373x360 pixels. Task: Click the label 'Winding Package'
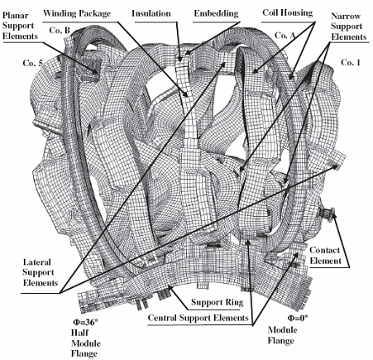click(77, 13)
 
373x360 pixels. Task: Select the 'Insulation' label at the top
click(151, 13)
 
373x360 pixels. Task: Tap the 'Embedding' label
click(216, 13)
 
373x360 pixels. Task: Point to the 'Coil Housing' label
click(288, 12)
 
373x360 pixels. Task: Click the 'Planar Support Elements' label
click(20, 26)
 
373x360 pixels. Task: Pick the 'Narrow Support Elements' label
click(348, 26)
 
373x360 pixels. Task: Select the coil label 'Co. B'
click(60, 30)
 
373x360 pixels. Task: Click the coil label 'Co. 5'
click(33, 63)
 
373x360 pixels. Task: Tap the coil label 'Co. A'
click(285, 36)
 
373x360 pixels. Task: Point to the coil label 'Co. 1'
click(351, 63)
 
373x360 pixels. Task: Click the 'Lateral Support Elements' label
click(41, 272)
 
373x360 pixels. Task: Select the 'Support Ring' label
click(218, 302)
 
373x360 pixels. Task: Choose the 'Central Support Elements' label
click(198, 318)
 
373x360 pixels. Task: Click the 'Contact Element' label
click(325, 256)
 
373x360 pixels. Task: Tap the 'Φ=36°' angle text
click(85, 322)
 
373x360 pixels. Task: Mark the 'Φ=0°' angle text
click(298, 318)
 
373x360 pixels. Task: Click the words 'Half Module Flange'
click(85, 343)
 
